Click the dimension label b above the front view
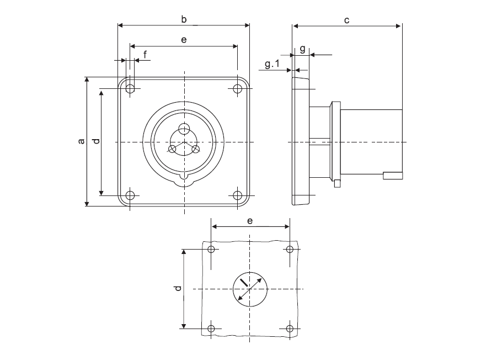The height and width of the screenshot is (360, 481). (x=184, y=19)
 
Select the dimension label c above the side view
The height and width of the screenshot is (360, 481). (x=346, y=20)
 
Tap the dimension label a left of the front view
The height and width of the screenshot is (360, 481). (x=81, y=141)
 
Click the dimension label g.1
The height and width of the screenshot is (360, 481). (x=272, y=64)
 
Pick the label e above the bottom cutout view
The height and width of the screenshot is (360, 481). (x=250, y=221)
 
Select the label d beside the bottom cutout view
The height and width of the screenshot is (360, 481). (x=178, y=288)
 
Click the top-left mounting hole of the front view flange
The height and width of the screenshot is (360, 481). (x=130, y=89)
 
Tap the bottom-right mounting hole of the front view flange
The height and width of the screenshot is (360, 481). (x=237, y=195)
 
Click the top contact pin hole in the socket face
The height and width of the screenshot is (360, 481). (x=184, y=129)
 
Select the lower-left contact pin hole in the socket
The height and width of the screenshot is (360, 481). (x=173, y=149)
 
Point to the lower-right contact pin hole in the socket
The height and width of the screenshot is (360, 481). (x=196, y=149)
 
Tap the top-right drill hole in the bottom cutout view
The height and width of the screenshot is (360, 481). (x=290, y=249)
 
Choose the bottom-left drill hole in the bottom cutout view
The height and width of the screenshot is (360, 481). (x=211, y=329)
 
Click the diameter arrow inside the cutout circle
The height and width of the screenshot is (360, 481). (x=250, y=289)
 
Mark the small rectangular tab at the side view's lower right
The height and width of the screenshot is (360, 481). (x=393, y=176)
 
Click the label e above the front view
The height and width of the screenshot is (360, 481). (x=184, y=40)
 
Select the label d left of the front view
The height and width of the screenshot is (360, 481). (x=97, y=141)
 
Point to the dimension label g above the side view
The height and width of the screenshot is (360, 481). (x=302, y=49)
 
